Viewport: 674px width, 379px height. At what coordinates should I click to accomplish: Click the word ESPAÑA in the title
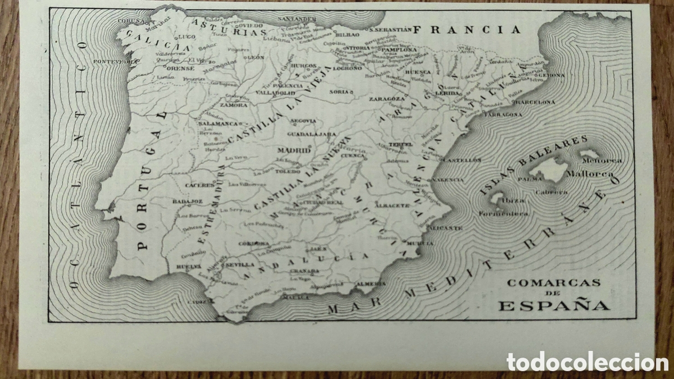554,305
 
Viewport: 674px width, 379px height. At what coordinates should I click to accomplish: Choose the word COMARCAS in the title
554,283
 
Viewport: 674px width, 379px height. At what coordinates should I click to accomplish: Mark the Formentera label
503,213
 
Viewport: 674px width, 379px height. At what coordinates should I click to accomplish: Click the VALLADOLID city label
275,92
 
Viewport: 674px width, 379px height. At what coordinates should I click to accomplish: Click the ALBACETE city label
393,206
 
